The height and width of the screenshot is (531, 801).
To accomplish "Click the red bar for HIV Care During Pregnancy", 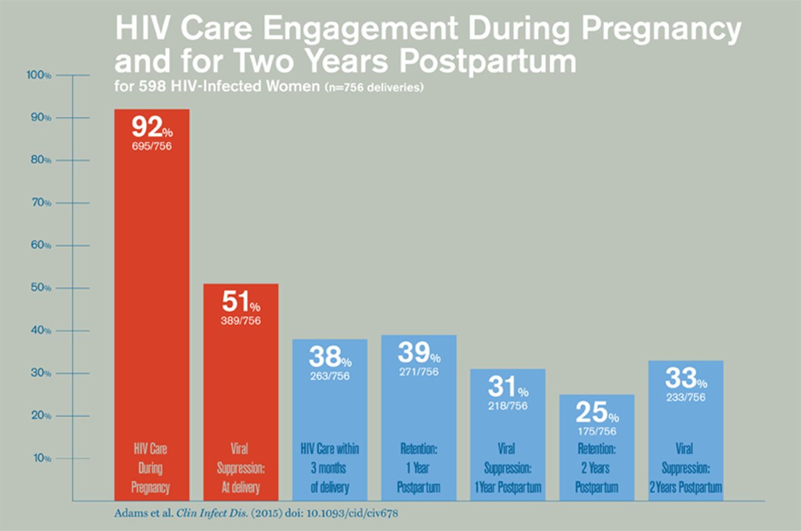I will [151, 301].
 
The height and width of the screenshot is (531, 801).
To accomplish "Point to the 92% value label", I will [151, 128].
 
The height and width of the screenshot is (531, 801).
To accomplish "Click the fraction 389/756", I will [241, 320].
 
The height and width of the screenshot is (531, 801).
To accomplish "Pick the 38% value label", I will [330, 358].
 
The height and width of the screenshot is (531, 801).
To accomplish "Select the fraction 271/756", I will [419, 372].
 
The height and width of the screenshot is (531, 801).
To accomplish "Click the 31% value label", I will [508, 388].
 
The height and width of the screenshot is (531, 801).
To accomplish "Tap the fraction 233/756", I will [685, 397].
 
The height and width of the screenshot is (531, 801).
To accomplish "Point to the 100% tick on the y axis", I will [38, 75].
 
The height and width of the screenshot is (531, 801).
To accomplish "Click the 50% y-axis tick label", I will [38, 288].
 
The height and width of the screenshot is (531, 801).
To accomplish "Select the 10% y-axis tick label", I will [38, 458].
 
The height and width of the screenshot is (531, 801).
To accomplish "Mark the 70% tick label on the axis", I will [38, 203].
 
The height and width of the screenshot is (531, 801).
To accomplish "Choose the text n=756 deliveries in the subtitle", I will [374, 88].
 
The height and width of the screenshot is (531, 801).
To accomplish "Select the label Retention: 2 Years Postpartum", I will [596, 468].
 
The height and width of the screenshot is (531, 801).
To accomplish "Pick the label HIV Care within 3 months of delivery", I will [330, 468].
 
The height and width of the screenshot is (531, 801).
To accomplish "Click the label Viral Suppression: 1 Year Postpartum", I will [508, 468].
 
